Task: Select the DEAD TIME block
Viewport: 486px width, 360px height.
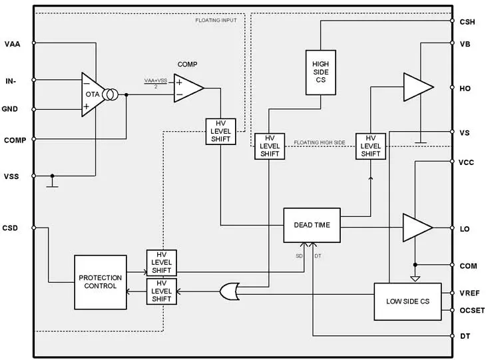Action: tap(312, 225)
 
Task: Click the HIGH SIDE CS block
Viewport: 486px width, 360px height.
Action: tap(321, 72)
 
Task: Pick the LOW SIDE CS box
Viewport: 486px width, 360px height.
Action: tap(407, 302)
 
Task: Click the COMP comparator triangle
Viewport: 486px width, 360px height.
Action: tap(187, 89)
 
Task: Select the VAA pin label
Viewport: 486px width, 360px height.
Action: tap(12, 45)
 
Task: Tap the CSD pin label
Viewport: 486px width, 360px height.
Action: tap(11, 228)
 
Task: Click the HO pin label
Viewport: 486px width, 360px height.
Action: tap(465, 88)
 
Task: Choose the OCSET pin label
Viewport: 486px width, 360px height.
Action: tap(471, 310)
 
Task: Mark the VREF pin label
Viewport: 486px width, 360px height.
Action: tap(469, 293)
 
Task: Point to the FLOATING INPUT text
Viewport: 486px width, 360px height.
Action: tap(217, 21)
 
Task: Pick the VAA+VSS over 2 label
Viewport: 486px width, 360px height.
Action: tap(156, 83)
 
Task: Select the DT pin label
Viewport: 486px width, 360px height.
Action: tap(465, 337)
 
